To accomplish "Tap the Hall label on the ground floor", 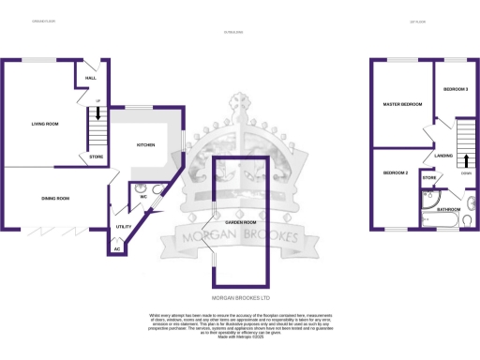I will (x=91, y=78).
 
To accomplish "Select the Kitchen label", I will (x=146, y=145).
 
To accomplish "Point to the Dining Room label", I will (x=56, y=199).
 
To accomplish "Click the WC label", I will (x=143, y=197).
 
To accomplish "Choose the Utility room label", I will (x=122, y=227).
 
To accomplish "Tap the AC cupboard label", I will (x=116, y=248).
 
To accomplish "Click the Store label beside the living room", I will (x=97, y=157).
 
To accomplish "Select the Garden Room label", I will (x=242, y=222).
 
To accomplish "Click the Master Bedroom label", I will (x=401, y=104).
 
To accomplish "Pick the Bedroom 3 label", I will (x=456, y=89).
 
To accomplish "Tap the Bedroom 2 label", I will (x=395, y=173).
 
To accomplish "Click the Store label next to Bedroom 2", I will (x=429, y=177).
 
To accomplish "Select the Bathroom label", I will (x=448, y=209).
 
